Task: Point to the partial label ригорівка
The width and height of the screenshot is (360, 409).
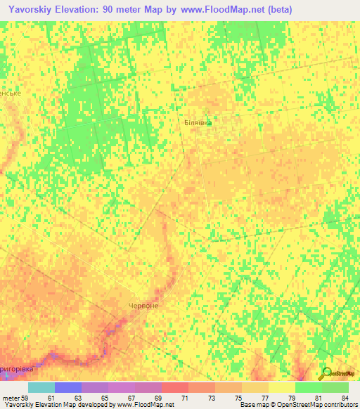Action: tap(21, 368)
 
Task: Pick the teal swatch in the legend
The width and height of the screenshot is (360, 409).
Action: tap(41, 387)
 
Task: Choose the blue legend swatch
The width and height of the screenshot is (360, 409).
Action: tap(68, 387)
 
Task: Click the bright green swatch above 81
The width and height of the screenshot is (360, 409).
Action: tap(309, 387)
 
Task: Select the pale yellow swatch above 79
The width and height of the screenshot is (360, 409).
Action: tap(282, 387)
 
